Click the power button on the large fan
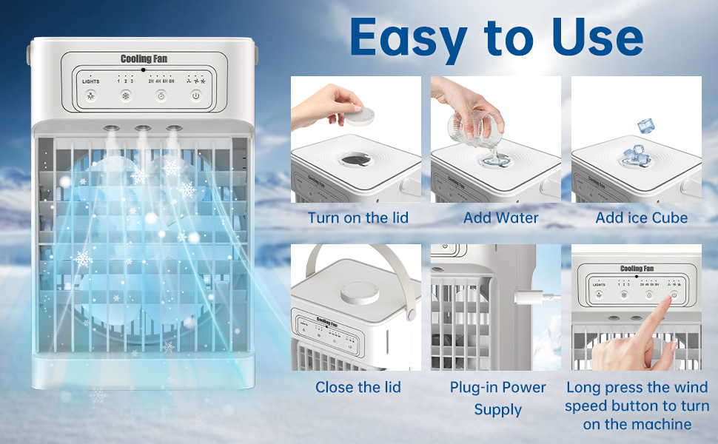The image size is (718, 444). (195, 95)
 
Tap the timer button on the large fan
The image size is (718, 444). (160, 95)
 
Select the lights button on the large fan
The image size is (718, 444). (90, 95)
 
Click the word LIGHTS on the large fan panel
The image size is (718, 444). (90, 81)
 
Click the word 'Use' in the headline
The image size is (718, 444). (597, 36)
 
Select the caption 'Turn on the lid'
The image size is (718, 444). (358, 218)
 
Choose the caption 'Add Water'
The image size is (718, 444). (500, 218)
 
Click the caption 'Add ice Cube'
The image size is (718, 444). (641, 218)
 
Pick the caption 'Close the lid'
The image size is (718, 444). (358, 387)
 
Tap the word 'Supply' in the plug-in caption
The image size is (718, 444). (497, 409)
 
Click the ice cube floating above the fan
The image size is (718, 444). (645, 127)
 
